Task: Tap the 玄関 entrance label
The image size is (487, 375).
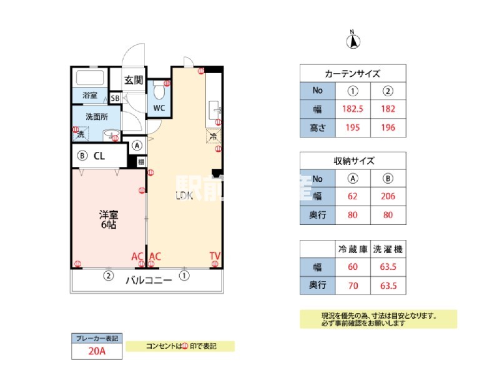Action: coord(133,79)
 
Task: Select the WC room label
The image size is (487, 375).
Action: coord(159,107)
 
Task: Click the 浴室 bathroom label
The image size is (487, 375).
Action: coord(90,96)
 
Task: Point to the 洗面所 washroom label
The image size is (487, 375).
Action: coord(96,116)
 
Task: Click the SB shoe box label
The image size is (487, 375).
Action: coord(115,98)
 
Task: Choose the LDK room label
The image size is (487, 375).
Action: coord(183,194)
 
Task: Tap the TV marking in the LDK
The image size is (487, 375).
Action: coord(215,255)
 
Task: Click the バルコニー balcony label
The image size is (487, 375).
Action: coord(149,281)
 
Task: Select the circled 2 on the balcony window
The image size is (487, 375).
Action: coord(108,275)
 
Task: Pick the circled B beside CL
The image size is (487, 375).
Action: coord(81,156)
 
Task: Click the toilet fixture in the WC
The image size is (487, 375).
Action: coord(159,92)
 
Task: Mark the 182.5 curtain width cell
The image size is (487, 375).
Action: coord(353,109)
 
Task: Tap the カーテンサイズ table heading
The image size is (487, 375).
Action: coord(353,73)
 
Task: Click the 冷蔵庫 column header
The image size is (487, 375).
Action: coord(353,249)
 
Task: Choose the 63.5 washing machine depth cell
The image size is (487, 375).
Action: coord(388,286)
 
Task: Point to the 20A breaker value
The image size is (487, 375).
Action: coord(96,352)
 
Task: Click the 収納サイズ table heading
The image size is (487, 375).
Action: coord(353,160)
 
